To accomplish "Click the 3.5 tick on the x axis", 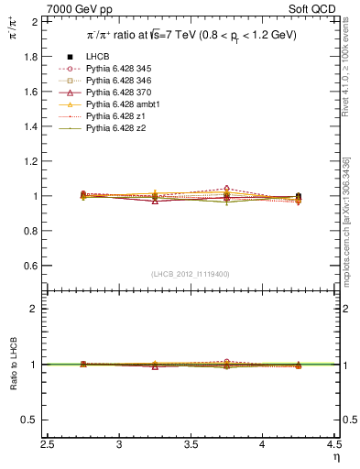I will (191, 445).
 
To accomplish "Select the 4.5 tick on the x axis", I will (334, 445).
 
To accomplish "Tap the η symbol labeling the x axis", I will (335, 457).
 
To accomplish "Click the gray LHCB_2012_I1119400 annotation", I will (191, 274).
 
